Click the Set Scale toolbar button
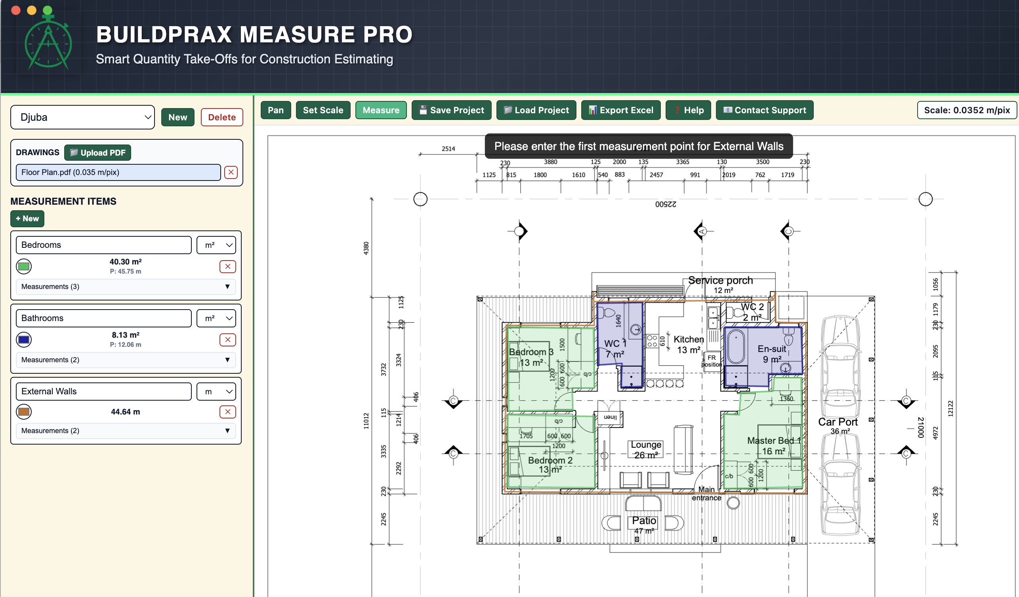click(322, 110)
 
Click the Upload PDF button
click(97, 153)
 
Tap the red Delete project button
click(221, 117)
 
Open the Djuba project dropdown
click(82, 117)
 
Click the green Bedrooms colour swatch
click(24, 266)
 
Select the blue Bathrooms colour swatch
click(24, 340)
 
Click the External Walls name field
click(103, 392)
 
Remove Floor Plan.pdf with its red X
click(231, 173)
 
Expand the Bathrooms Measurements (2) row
click(125, 360)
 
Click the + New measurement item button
click(27, 219)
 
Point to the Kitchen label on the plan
click(688, 339)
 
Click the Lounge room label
click(646, 445)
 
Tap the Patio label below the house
click(644, 521)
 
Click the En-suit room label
click(771, 349)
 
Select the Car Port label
click(838, 422)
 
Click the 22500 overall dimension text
click(666, 204)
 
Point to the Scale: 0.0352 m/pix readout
click(966, 110)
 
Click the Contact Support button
click(764, 110)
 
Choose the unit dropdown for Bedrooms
click(216, 245)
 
